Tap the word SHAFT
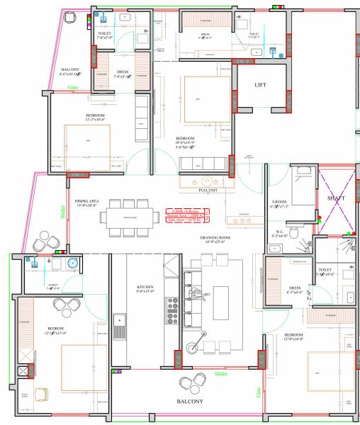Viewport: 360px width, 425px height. (x=336, y=198)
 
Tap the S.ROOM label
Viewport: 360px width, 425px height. (x=279, y=203)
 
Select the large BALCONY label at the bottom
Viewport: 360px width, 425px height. (x=190, y=401)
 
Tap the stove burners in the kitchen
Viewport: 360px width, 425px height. (x=171, y=308)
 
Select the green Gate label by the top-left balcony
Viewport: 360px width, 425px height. (x=73, y=87)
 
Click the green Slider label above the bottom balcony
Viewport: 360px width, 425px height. (x=221, y=372)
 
